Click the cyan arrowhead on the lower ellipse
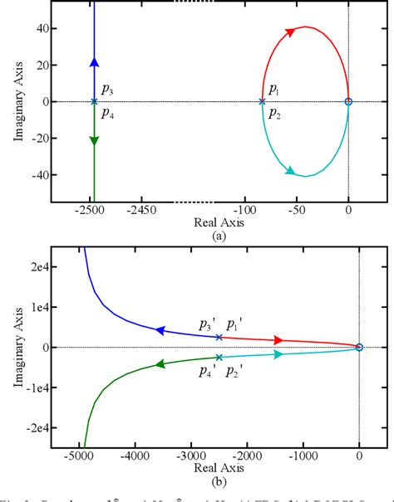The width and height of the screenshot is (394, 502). pos(290,171)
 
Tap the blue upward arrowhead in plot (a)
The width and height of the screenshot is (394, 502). pos(94,62)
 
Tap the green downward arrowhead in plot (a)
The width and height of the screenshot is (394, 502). pos(94,140)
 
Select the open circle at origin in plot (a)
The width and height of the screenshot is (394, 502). pos(348,101)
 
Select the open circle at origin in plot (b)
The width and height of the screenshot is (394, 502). pos(359,348)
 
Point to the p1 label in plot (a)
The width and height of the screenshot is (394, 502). pos(274,89)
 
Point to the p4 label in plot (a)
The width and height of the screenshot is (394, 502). pos(107,115)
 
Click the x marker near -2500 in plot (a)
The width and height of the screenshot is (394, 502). pos(94,101)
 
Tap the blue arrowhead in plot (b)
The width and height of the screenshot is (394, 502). pos(161,330)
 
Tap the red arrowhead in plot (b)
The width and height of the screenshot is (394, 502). pos(278,340)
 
